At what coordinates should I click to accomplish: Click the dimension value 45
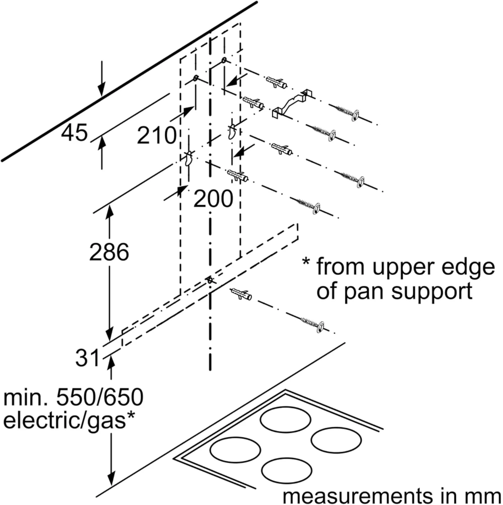coord(74,133)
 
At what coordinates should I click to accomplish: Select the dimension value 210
coord(157,135)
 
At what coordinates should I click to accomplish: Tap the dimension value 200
coord(213,199)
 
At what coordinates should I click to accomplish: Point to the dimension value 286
coord(109,252)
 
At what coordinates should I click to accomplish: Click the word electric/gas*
coord(69,421)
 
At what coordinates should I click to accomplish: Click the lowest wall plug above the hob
coord(241,295)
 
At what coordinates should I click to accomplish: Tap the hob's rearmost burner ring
coord(286,419)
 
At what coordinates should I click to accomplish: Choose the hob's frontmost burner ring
coord(287,470)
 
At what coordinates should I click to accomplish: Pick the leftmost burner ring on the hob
coord(235,449)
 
